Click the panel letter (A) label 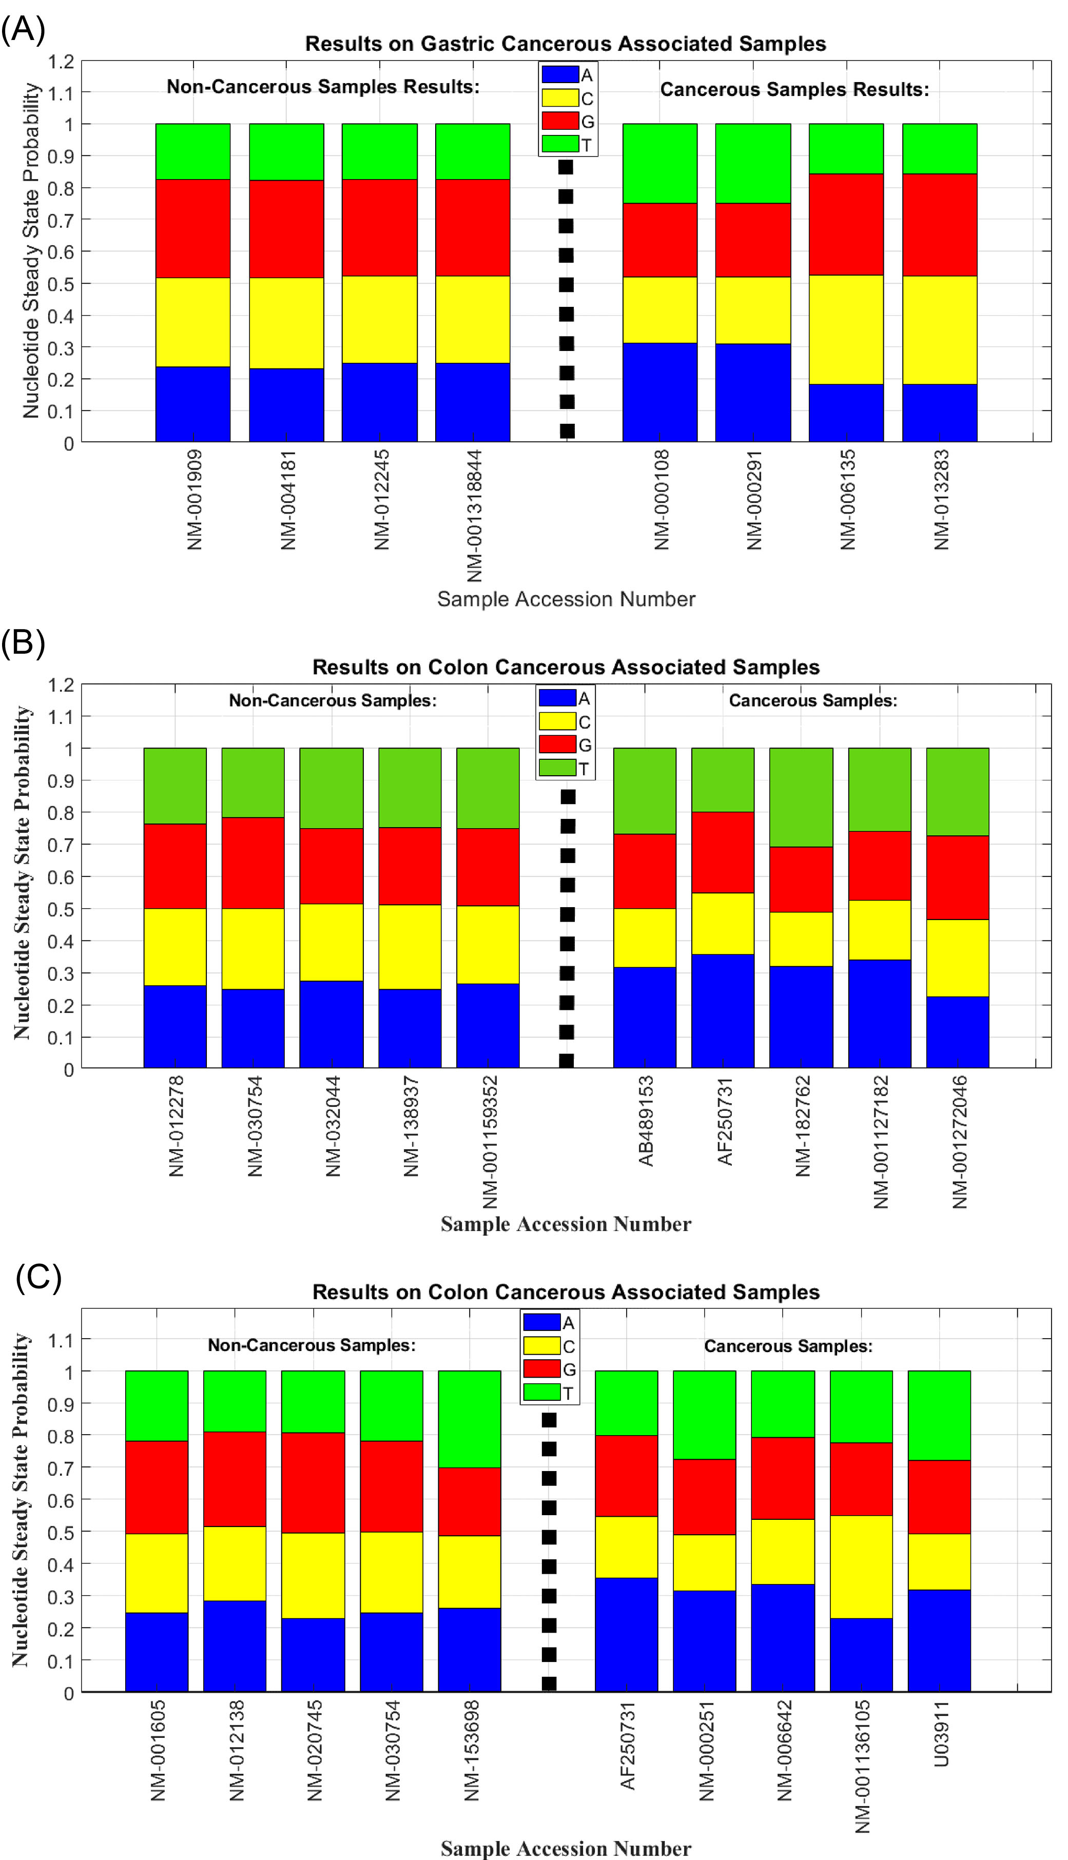coord(24,29)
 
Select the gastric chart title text coord(565,44)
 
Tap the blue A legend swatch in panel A coord(560,74)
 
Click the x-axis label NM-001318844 coord(475,515)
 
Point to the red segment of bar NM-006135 coord(846,224)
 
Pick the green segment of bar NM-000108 coord(659,163)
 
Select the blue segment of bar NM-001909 coord(192,404)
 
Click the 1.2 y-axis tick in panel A coord(61,62)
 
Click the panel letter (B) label coord(24,642)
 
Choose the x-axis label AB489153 coord(646,1120)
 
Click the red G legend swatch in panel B coord(557,744)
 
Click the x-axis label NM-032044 coord(333,1125)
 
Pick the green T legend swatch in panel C coord(541,1392)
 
